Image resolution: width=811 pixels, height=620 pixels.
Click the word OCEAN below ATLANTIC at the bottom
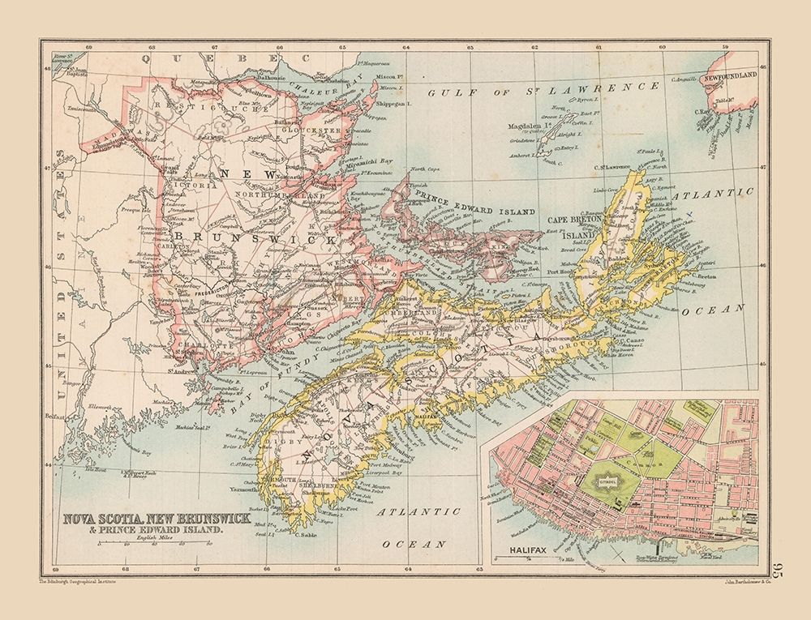pos(414,544)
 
